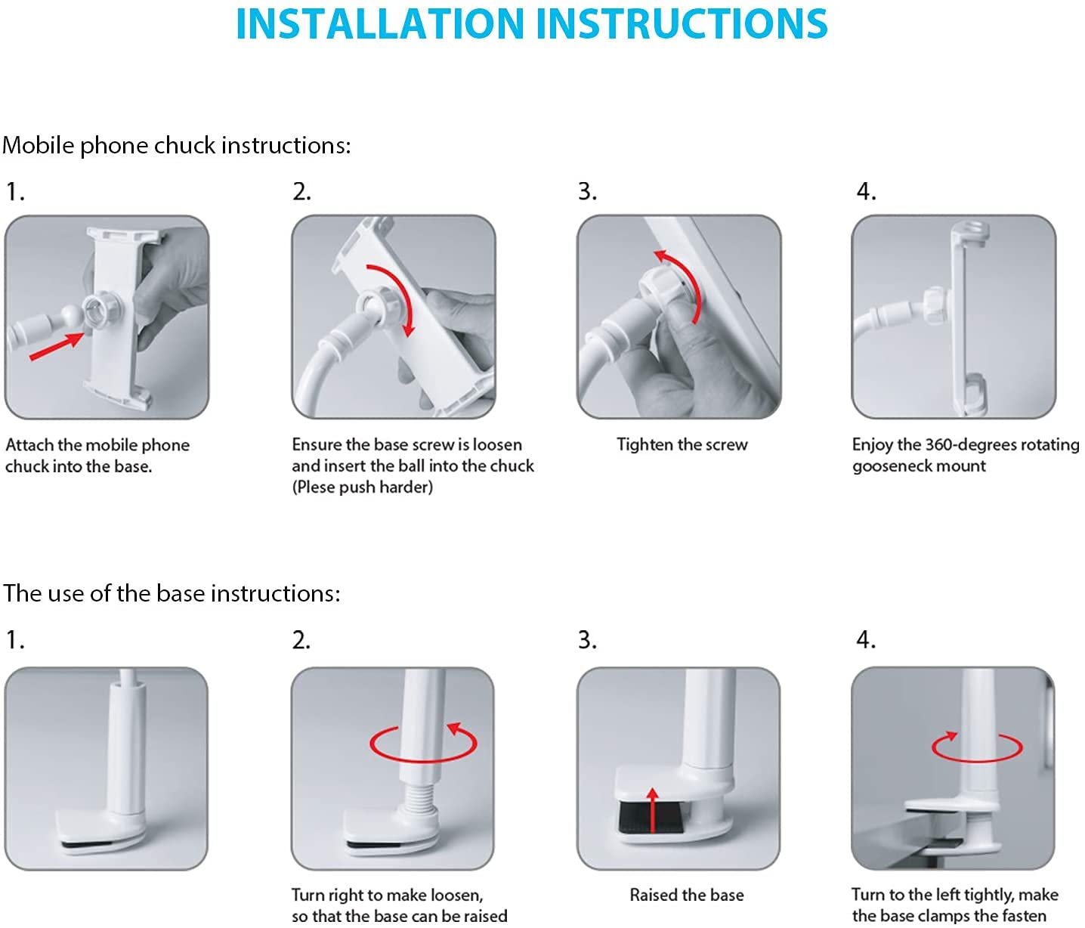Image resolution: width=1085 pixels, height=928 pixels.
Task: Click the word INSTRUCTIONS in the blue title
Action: pos(682,24)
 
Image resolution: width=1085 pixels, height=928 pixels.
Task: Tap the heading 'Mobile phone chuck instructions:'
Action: pos(176,146)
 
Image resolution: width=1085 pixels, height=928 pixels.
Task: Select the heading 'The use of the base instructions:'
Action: pos(172,594)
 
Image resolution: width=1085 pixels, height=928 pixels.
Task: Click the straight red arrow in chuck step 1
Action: pos(56,346)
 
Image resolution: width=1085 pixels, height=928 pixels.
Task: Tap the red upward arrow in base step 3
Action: pos(652,810)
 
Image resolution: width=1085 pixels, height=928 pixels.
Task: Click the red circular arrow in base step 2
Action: pos(423,743)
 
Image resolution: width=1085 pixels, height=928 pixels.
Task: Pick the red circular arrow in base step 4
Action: pos(977,746)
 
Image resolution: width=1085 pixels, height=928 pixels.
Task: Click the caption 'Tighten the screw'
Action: pos(682,444)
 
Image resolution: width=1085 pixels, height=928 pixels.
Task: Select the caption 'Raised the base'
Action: pos(687,895)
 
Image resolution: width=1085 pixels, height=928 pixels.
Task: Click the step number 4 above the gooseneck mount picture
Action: pos(866,191)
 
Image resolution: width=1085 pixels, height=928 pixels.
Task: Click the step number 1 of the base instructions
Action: pos(14,640)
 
